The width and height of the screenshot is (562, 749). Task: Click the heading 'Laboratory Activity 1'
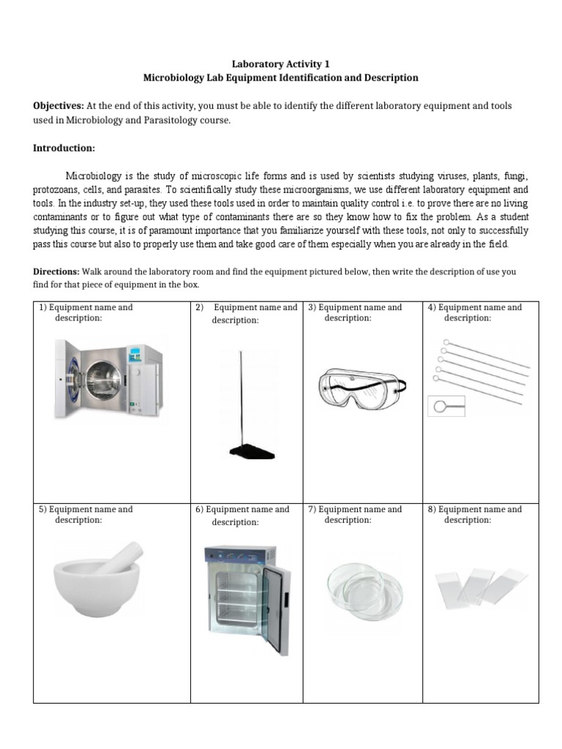click(282, 64)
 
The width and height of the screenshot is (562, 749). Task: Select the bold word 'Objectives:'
click(59, 106)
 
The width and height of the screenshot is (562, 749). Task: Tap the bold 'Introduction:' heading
click(64, 148)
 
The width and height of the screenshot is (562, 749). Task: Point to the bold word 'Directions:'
click(56, 271)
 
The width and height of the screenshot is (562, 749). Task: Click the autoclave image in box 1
click(110, 377)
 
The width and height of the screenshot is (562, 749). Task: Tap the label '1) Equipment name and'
click(86, 307)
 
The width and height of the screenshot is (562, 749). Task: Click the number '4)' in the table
click(432, 307)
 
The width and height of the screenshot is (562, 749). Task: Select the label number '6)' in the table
click(199, 509)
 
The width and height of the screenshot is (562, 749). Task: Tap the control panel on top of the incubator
click(240, 554)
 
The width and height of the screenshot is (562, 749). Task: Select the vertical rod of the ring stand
click(240, 399)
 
